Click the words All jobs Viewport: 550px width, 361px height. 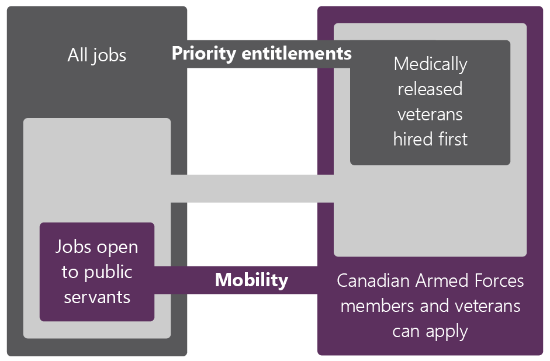click(96, 55)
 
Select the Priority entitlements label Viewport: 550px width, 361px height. click(261, 54)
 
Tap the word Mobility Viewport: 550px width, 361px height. click(251, 280)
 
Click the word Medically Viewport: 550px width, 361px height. click(430, 64)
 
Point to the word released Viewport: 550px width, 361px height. click(430, 89)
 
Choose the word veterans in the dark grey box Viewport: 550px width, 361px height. click(430, 114)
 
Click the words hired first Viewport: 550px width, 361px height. click(430, 140)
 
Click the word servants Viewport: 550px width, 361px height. click(97, 297)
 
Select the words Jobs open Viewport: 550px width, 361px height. click(97, 247)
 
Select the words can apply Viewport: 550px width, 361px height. click(430, 331)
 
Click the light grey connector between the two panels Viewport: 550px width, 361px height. click(251, 188)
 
